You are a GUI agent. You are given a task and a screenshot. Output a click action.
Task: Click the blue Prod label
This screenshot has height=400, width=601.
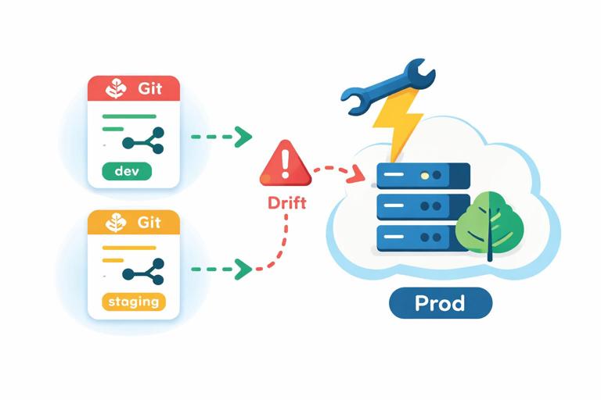(x=441, y=303)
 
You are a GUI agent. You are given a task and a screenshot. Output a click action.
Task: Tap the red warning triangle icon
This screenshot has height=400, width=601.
(x=285, y=165)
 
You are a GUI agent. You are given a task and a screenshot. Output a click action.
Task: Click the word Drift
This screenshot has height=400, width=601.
(x=287, y=203)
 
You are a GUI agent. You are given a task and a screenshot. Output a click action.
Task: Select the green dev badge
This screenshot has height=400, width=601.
(x=126, y=171)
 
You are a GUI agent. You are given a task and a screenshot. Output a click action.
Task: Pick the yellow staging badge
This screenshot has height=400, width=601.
(x=134, y=301)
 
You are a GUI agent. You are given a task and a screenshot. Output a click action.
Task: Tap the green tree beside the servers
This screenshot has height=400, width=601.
(x=489, y=223)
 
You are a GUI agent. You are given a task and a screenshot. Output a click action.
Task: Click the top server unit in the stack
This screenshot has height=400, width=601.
(x=423, y=175)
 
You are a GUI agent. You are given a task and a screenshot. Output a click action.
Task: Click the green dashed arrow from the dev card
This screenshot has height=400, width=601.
(x=221, y=137)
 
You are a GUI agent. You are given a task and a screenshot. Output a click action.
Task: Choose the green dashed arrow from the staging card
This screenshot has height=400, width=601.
(x=221, y=269)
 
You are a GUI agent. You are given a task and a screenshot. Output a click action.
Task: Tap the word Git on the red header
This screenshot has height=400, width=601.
(x=149, y=88)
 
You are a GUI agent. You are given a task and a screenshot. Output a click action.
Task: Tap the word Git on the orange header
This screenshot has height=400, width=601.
(x=149, y=223)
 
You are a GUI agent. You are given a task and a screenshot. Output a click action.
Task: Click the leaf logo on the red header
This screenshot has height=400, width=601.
(x=114, y=88)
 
